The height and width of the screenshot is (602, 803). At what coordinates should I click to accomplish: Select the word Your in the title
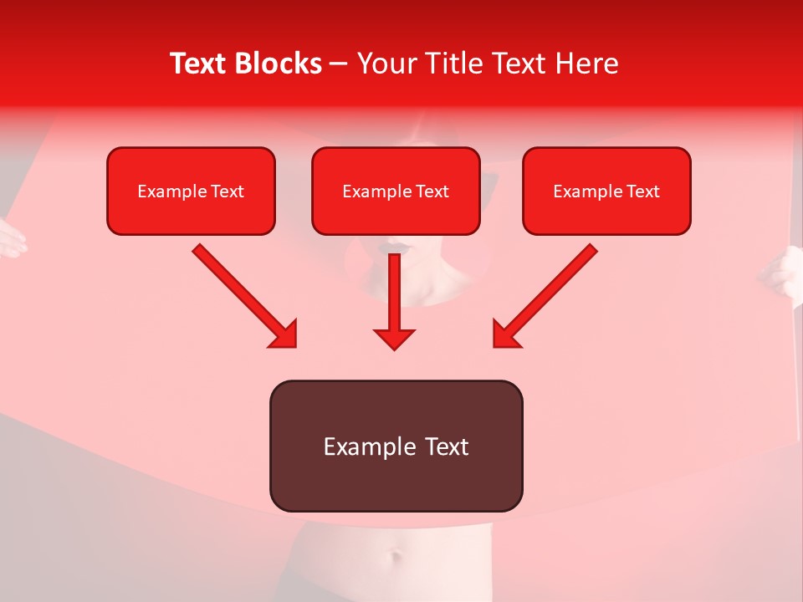(x=386, y=64)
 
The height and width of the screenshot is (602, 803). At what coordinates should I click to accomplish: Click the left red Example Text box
(x=191, y=191)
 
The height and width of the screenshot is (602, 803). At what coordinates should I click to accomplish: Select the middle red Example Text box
(x=396, y=191)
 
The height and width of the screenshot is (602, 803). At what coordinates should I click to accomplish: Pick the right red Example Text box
(x=606, y=191)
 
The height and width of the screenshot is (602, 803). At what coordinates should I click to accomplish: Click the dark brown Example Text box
(x=396, y=446)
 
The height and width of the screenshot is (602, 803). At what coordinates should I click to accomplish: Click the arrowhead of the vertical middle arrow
(x=394, y=338)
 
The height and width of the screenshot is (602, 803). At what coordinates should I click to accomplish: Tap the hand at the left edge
(x=10, y=237)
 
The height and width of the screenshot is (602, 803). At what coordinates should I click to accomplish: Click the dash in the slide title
(x=339, y=64)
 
